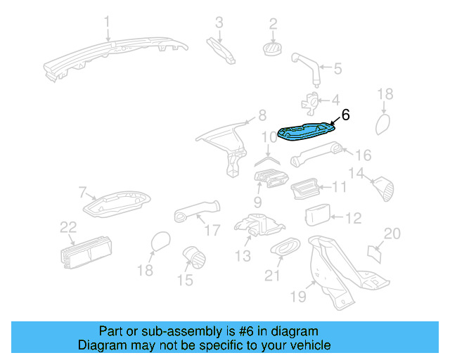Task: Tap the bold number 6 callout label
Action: click(345, 115)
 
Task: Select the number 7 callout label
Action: click(82, 192)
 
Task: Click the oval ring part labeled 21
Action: click(285, 247)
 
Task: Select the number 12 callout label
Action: click(353, 219)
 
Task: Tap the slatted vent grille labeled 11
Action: click(307, 188)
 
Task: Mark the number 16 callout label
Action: click(362, 155)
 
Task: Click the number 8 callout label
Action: click(262, 115)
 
